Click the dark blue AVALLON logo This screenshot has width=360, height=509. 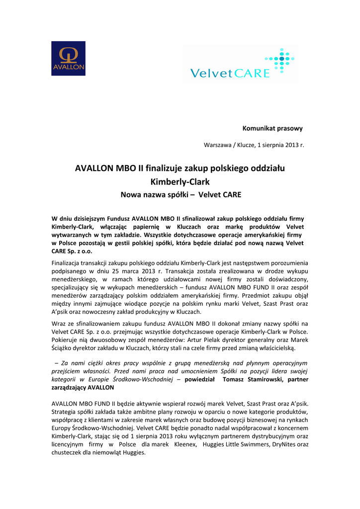tap(68, 58)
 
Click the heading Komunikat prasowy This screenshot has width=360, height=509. tap(272, 128)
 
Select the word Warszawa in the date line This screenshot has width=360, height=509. tap(217, 145)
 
